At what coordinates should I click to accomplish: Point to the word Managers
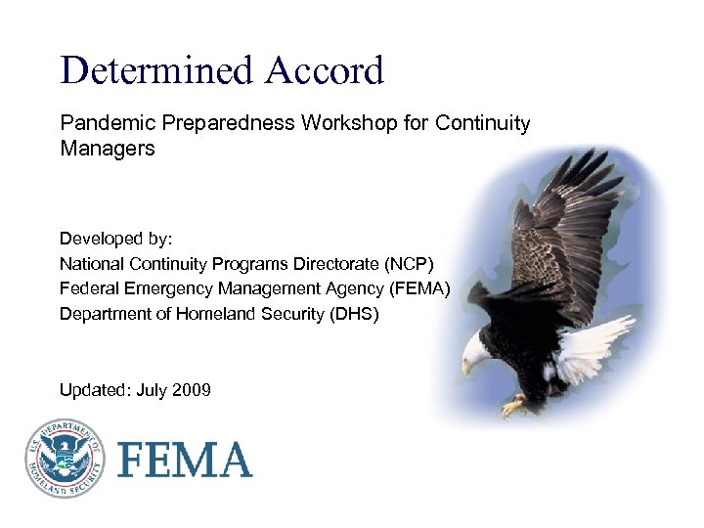click(108, 150)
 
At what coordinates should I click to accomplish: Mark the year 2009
click(191, 391)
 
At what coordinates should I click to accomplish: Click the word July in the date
click(152, 391)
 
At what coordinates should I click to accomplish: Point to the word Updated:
click(95, 391)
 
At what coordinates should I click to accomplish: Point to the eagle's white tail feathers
click(593, 342)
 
